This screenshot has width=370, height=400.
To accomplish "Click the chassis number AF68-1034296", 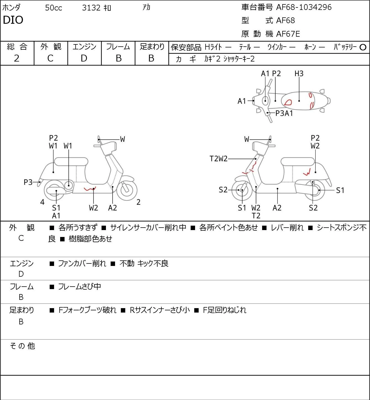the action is click(x=304, y=7).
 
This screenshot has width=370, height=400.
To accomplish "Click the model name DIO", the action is click(x=13, y=20).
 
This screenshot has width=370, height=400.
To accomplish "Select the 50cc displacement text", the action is click(x=54, y=8).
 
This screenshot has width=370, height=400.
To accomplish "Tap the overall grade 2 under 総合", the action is click(x=17, y=58).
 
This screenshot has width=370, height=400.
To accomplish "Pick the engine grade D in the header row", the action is click(x=84, y=58).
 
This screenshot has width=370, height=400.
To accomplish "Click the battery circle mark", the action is click(x=363, y=47).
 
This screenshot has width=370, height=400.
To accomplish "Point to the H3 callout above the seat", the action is click(x=299, y=73).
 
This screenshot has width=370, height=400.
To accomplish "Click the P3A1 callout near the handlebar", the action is click(x=284, y=113).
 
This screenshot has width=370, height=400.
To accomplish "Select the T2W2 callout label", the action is click(x=219, y=159).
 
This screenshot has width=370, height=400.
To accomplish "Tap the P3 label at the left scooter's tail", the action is click(x=28, y=182).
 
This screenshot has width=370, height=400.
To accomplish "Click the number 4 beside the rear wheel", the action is click(x=42, y=202).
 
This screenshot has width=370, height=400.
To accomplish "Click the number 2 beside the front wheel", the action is click(x=139, y=202).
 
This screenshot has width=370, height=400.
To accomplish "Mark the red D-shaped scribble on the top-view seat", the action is click(x=288, y=102).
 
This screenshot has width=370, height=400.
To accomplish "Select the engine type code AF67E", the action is click(x=288, y=34).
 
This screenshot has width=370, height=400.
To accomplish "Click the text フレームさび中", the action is click(x=79, y=286).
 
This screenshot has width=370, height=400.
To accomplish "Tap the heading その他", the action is click(x=22, y=346).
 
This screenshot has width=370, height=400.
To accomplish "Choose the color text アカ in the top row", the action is click(x=146, y=7).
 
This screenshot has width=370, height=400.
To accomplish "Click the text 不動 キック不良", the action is click(x=144, y=263).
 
